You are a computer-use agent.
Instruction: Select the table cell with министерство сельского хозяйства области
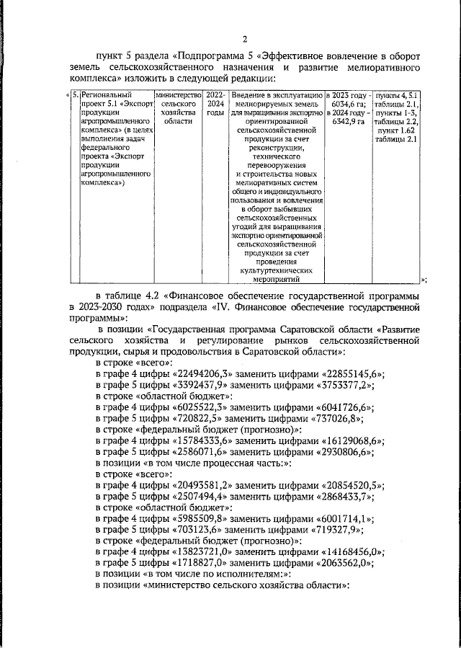[x=177, y=109]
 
